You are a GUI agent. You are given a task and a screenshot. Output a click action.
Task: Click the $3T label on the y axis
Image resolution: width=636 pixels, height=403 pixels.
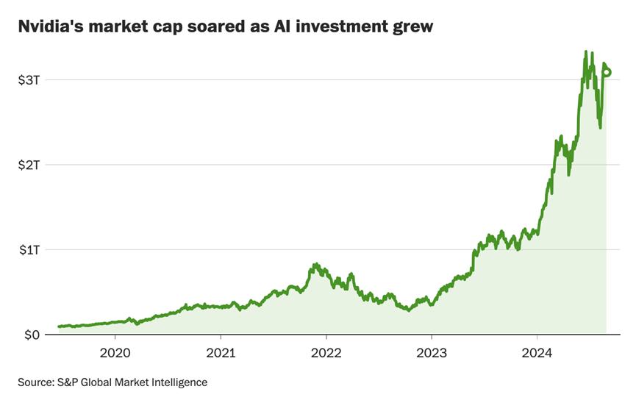(x=29, y=79)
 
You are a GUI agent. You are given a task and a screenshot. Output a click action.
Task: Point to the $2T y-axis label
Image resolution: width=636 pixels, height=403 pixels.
(x=29, y=165)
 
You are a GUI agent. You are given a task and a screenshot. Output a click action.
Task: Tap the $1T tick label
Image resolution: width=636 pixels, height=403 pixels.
(x=29, y=250)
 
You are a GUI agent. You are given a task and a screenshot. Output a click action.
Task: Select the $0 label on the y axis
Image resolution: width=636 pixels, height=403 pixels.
(x=32, y=335)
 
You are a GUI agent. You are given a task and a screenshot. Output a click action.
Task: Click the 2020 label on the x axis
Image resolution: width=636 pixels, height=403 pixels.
(x=115, y=353)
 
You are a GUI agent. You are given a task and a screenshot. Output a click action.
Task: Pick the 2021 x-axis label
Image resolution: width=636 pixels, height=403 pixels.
(x=221, y=353)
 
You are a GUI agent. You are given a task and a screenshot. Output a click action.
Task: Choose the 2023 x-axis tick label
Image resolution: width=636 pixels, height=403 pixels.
(x=432, y=353)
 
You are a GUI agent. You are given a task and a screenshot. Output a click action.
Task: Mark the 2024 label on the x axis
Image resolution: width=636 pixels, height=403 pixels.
(x=537, y=353)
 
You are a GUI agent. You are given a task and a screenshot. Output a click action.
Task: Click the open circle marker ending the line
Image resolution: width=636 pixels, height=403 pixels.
(x=607, y=72)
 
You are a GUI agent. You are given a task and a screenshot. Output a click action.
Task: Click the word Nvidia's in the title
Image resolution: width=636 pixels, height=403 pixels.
(x=47, y=27)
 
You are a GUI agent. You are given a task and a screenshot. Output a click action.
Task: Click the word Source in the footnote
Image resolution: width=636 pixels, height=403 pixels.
(x=35, y=382)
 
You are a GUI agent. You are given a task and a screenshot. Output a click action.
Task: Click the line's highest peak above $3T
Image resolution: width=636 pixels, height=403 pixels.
(x=585, y=51)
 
